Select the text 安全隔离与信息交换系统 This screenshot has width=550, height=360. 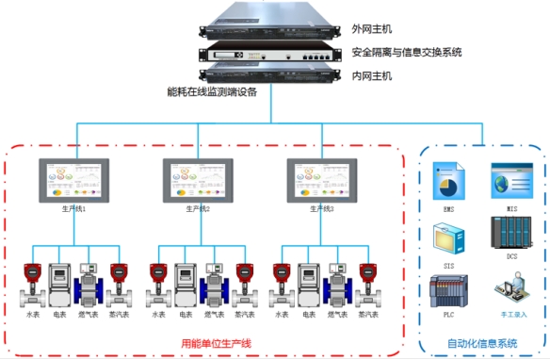coord(406,52)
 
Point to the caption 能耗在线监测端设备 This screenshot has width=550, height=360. coord(211,92)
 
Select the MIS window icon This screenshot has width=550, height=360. coord(506,179)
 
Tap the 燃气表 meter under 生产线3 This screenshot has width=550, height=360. coord(336,284)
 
